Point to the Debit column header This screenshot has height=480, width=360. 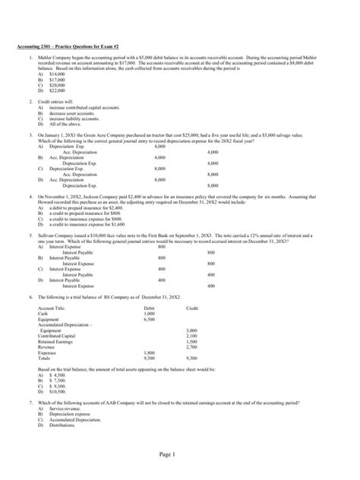tap(149, 307)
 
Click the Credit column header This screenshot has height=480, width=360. tap(191, 307)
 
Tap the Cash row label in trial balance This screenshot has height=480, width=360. tap(43, 312)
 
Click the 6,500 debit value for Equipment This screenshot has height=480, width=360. tap(149, 319)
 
